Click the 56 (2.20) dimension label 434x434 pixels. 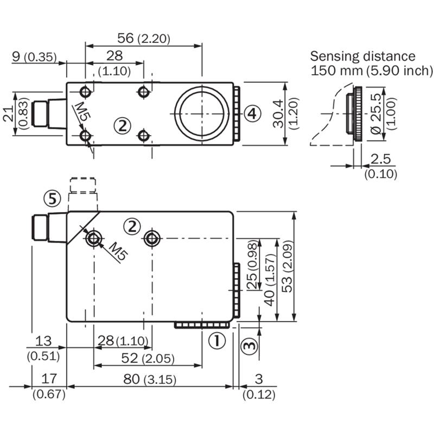click(x=144, y=38)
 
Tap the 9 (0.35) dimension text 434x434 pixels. click(x=34, y=57)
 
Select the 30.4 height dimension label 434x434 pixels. click(x=278, y=114)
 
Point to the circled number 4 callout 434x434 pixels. click(x=252, y=113)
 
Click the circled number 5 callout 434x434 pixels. click(x=52, y=198)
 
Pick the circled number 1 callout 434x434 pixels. click(x=217, y=341)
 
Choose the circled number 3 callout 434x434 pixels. click(x=250, y=345)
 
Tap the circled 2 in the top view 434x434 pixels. click(x=123, y=126)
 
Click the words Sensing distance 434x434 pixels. click(x=362, y=56)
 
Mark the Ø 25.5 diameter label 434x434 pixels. click(x=376, y=114)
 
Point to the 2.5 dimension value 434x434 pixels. click(x=381, y=159)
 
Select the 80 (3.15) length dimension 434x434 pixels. click(x=150, y=379)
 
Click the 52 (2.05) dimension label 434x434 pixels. click(x=148, y=358)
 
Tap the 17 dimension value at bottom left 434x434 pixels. click(x=49, y=378)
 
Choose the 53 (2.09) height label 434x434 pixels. click(x=288, y=266)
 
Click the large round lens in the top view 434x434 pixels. click(x=202, y=113)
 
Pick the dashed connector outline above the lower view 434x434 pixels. click(x=83, y=185)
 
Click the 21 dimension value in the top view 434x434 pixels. click(x=9, y=113)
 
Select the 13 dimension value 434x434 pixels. click(x=43, y=341)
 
